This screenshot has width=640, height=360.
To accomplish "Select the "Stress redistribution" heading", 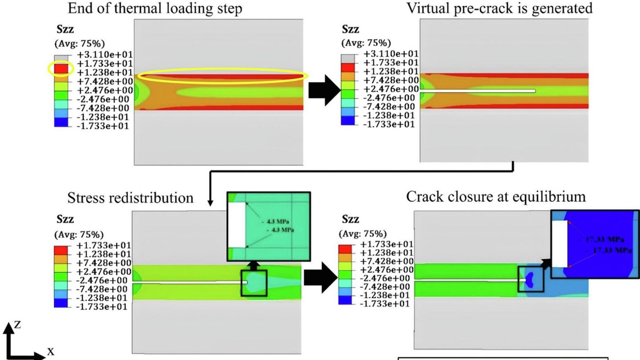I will pyautogui.click(x=130, y=197).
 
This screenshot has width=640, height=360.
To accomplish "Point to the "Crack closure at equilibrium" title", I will pyautogui.click(x=496, y=196).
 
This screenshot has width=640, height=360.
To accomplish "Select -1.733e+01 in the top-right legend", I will pyautogui.click(x=389, y=124).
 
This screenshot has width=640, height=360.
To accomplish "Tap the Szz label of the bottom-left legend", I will pyautogui.click(x=66, y=219).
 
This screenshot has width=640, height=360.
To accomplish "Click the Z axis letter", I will pyautogui.click(x=17, y=325).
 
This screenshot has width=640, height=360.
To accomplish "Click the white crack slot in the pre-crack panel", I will pyautogui.click(x=478, y=91).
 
